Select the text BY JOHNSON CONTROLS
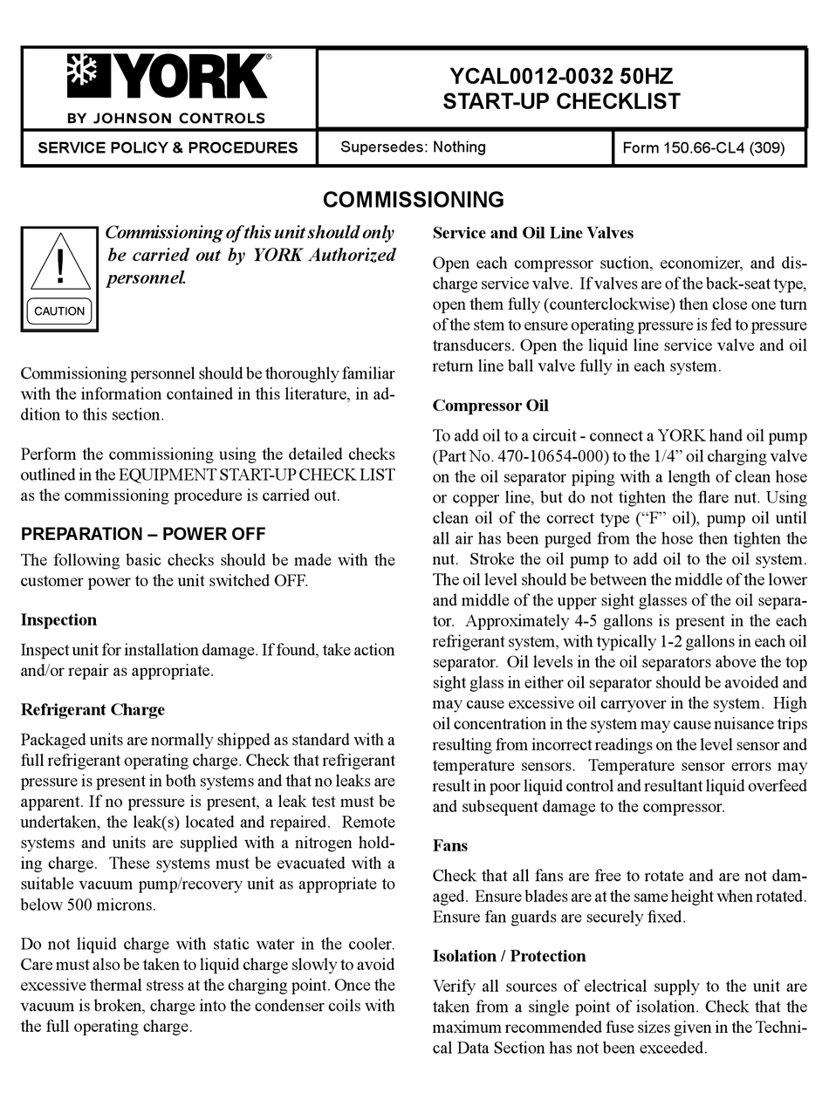click(166, 118)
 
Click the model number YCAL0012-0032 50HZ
click(561, 76)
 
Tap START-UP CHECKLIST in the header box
click(561, 101)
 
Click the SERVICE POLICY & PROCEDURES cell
click(168, 147)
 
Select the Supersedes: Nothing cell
click(413, 147)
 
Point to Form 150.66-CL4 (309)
click(703, 147)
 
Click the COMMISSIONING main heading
click(414, 200)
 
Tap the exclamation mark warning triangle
click(59, 263)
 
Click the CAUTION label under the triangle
click(59, 311)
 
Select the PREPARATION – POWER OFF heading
click(143, 534)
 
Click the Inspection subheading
click(58, 620)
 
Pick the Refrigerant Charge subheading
click(92, 709)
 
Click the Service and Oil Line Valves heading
click(532, 233)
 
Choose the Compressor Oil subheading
click(490, 406)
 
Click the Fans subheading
click(450, 845)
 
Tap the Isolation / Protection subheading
click(509, 956)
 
